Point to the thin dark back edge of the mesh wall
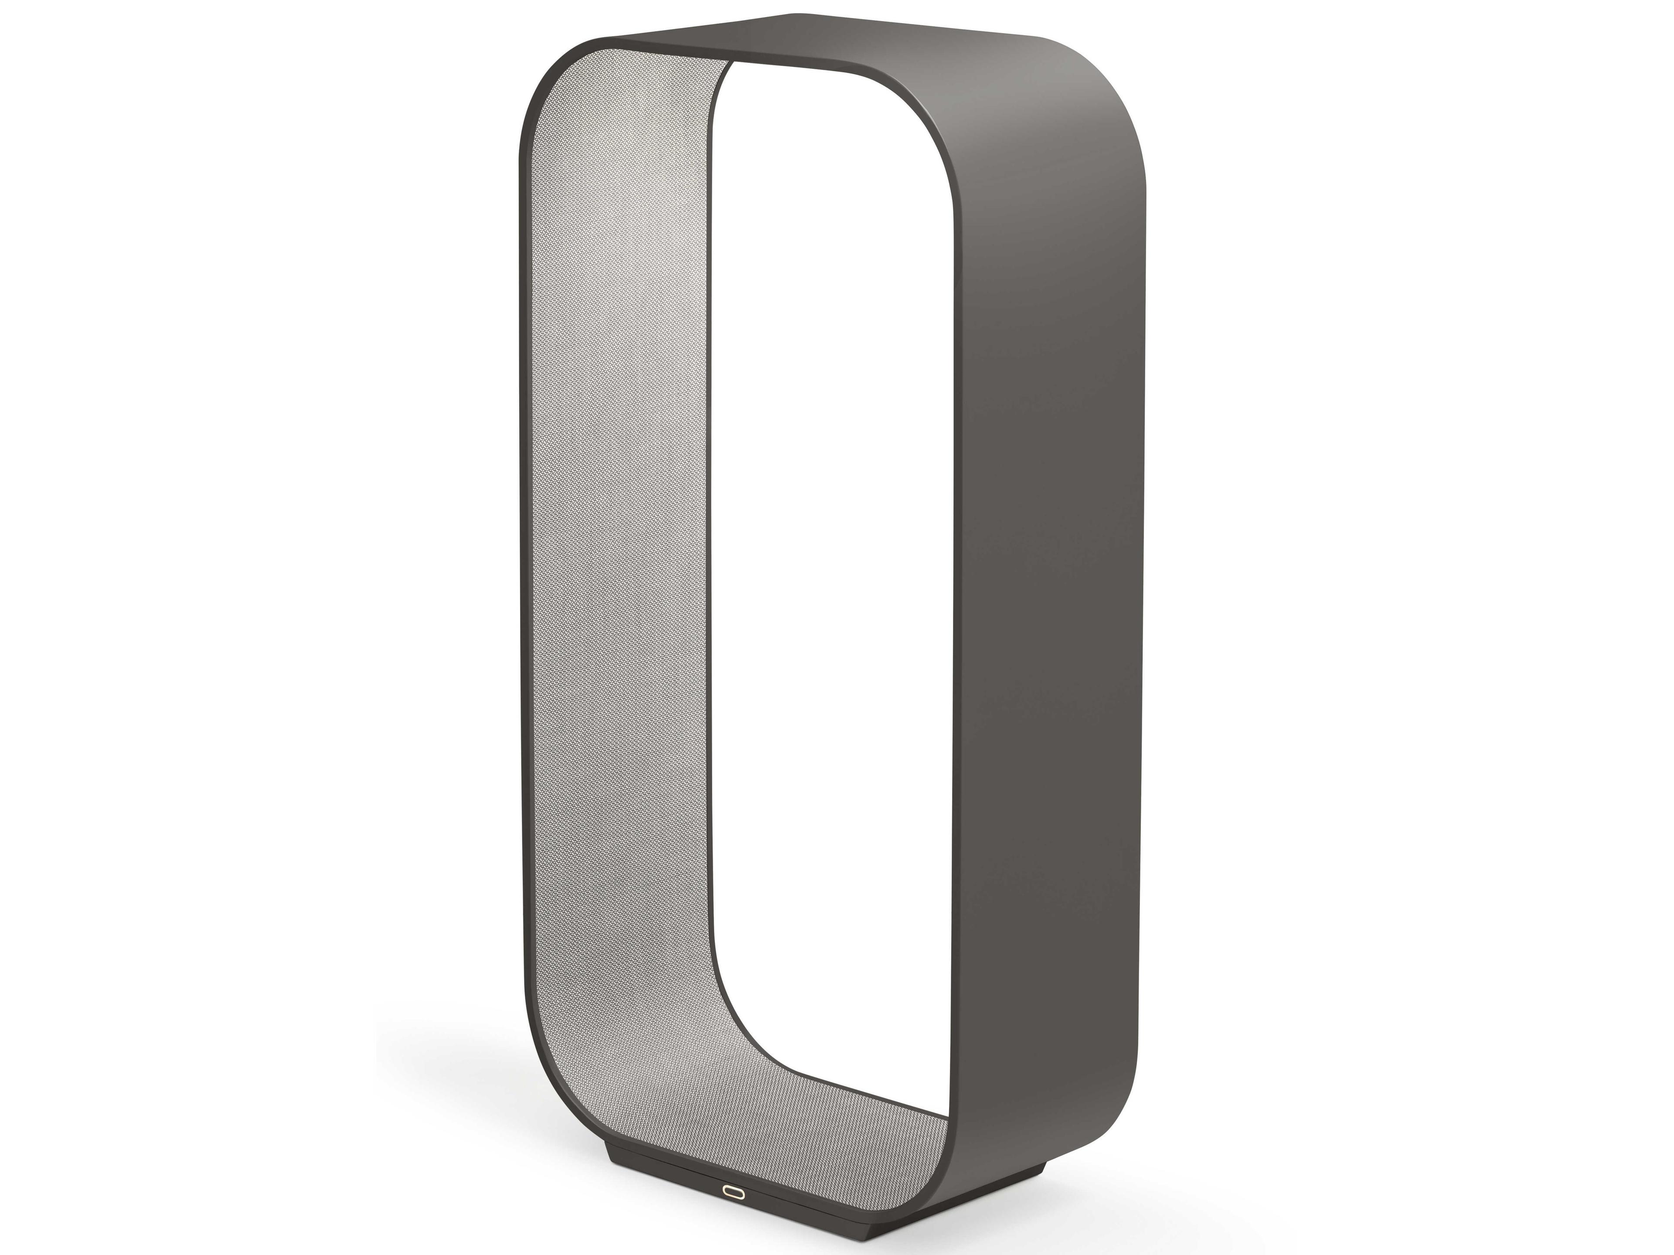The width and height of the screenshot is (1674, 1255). pos(712,530)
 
